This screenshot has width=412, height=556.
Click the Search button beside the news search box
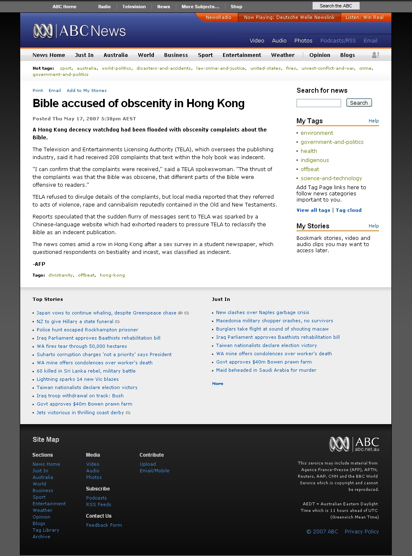359,103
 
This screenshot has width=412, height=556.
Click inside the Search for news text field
318,103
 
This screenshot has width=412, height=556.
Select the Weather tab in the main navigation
283,55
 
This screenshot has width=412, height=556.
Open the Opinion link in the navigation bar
320,55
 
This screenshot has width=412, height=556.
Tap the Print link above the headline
38,90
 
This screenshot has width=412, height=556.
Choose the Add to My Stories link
87,90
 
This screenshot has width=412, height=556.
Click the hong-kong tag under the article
112,275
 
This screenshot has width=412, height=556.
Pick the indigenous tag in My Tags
315,160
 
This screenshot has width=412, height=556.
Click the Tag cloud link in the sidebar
348,210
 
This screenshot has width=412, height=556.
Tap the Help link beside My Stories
374,226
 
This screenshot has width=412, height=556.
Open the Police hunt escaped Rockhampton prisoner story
87,330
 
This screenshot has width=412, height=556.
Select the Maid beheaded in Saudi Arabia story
266,370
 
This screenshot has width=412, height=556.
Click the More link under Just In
217,383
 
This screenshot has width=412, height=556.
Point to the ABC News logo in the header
80,31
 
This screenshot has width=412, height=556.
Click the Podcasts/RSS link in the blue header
338,40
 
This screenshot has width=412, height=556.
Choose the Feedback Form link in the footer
104,525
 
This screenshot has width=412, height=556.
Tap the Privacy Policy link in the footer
362,531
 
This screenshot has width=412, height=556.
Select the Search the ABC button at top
336,6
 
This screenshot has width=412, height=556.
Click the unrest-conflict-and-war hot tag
327,68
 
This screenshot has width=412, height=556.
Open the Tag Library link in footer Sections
46,530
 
